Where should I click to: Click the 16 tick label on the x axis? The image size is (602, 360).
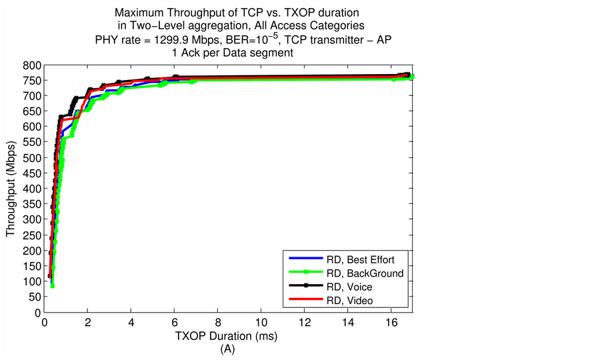392,323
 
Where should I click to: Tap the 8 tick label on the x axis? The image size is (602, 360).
218,323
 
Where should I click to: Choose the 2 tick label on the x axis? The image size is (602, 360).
88,323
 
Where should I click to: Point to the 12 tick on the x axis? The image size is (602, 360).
305,323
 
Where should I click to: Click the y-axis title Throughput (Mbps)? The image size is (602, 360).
10,189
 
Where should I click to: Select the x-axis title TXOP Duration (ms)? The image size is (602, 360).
227,335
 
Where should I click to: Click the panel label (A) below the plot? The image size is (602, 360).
227,347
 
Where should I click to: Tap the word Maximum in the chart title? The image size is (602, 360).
139,13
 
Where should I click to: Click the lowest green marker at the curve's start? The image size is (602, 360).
52,285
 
